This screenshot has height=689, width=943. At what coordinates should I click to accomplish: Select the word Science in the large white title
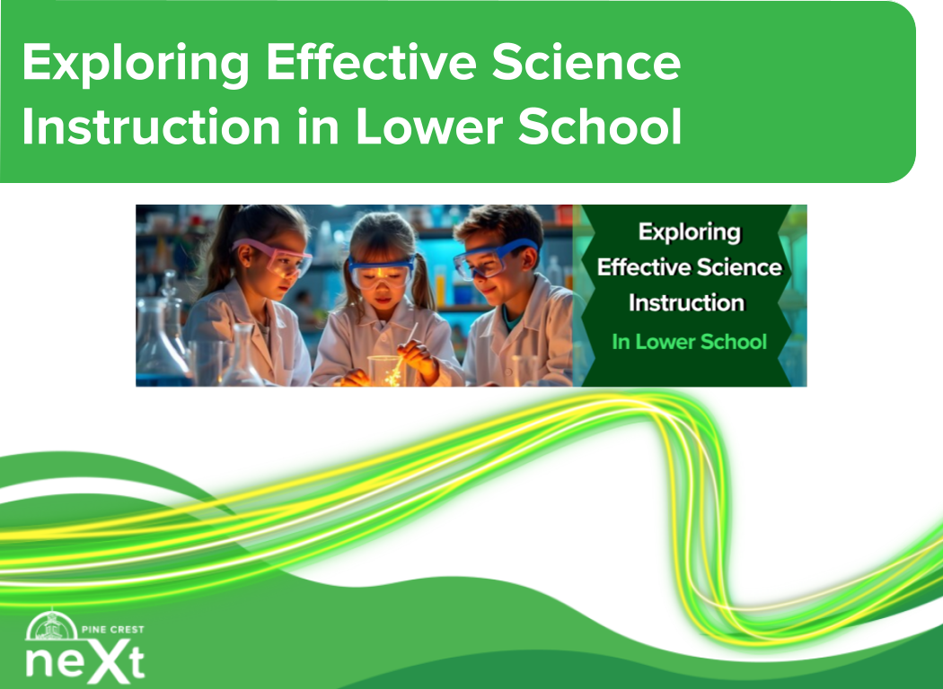(x=586, y=62)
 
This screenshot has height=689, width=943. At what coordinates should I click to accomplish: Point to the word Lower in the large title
(x=429, y=126)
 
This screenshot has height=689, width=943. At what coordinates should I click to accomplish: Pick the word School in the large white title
(x=600, y=126)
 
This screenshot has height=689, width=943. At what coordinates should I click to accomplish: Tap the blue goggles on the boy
(x=494, y=258)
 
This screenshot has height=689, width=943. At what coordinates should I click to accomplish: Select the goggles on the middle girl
(x=381, y=271)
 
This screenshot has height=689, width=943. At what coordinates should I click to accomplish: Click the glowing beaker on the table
(x=385, y=370)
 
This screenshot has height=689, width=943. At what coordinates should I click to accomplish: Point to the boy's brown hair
(x=500, y=223)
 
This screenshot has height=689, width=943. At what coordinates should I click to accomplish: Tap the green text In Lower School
(x=689, y=342)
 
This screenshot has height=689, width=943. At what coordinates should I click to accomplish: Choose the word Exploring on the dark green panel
(x=689, y=232)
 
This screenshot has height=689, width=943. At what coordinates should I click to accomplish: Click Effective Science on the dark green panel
(x=689, y=267)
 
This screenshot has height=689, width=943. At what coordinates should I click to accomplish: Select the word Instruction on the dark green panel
(x=686, y=302)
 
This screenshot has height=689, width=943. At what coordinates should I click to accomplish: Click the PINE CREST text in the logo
(x=112, y=630)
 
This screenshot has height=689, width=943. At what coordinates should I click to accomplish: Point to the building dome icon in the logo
(x=52, y=625)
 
